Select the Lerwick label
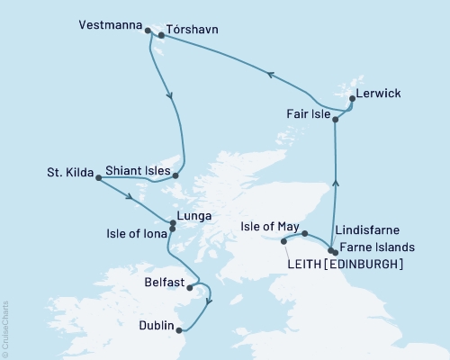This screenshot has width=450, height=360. coord(377,94)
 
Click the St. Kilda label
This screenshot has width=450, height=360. coord(68,171)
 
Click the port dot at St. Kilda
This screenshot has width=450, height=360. coord(95,176)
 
